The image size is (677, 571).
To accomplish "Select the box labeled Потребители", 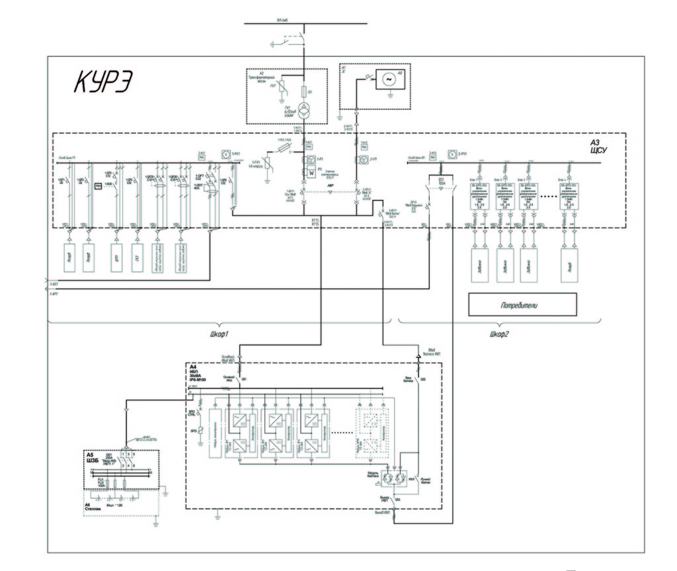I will [x=522, y=304].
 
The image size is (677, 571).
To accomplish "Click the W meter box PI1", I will [x=308, y=173].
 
